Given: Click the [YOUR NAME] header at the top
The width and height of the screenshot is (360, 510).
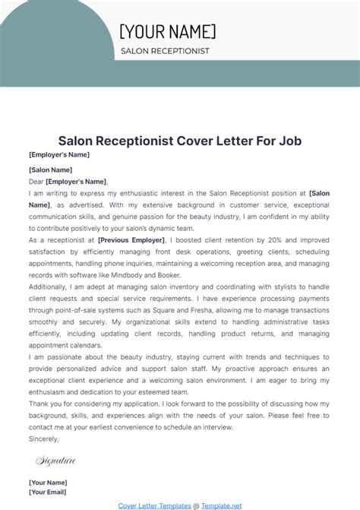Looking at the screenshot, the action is coord(168,31).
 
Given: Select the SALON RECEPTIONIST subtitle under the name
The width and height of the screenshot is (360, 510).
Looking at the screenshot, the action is coord(165,52).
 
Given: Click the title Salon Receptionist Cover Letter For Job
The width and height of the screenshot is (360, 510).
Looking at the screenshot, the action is coord(180,141).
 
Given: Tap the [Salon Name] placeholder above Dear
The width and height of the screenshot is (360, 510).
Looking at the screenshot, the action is coord(50,169).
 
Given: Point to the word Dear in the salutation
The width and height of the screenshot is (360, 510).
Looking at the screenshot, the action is coord(36,182).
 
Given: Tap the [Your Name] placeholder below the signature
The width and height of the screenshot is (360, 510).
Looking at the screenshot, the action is coord(48,483).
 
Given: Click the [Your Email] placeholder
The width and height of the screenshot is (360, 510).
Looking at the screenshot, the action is coord(48,492).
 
